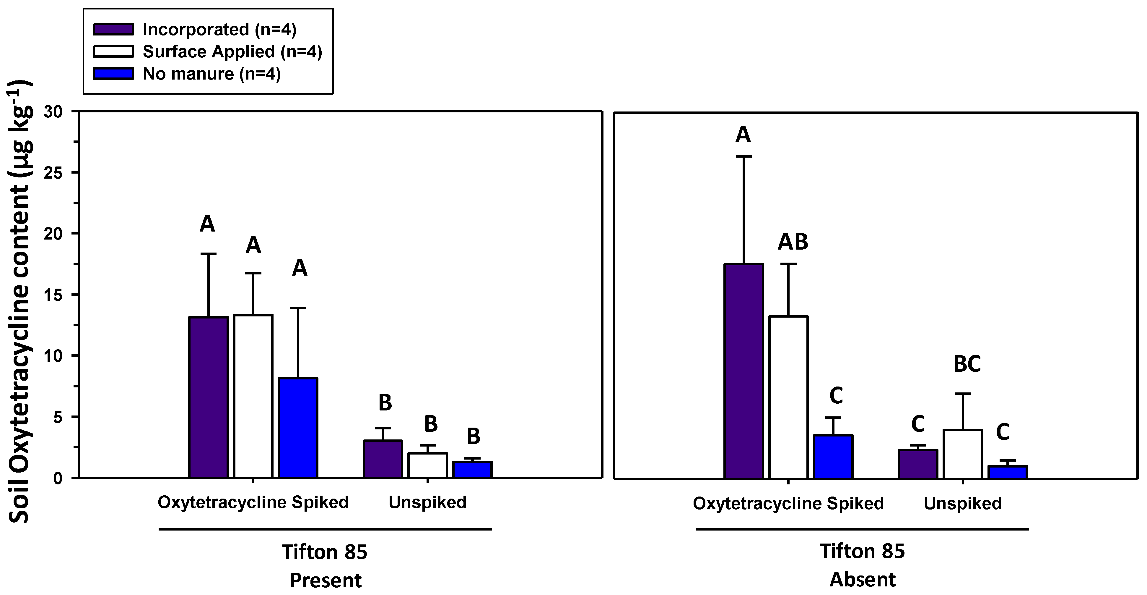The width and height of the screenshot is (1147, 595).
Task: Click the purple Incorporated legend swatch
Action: coord(113,29)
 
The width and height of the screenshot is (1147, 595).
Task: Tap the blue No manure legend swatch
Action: coord(113,74)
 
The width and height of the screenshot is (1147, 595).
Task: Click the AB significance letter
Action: coord(793,242)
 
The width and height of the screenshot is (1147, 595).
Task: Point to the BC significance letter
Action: coord(967,364)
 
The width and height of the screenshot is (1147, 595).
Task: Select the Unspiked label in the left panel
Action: coord(427,502)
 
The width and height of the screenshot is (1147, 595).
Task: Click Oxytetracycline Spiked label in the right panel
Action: coord(788,503)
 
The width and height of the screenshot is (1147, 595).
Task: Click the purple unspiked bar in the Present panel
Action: coord(383,459)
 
